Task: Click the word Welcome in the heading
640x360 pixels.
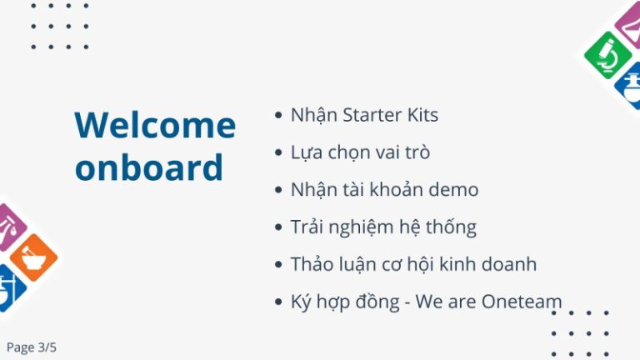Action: [x=155, y=125]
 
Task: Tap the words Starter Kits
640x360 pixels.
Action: [x=390, y=115]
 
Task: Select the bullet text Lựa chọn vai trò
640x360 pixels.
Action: [x=360, y=153]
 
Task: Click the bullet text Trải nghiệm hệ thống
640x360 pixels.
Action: [x=383, y=227]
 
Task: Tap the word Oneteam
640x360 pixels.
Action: [x=522, y=302]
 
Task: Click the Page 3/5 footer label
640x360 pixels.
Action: [x=32, y=347]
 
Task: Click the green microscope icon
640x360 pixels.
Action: [x=607, y=55]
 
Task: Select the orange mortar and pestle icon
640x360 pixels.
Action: [x=34, y=257]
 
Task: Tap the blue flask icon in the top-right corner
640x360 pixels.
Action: [x=629, y=86]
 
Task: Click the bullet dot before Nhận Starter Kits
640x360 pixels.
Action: [x=278, y=115]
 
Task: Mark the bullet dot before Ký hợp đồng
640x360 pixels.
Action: [x=278, y=302]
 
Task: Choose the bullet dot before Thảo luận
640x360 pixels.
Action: [x=278, y=264]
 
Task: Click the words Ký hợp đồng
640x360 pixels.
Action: [x=345, y=302]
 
